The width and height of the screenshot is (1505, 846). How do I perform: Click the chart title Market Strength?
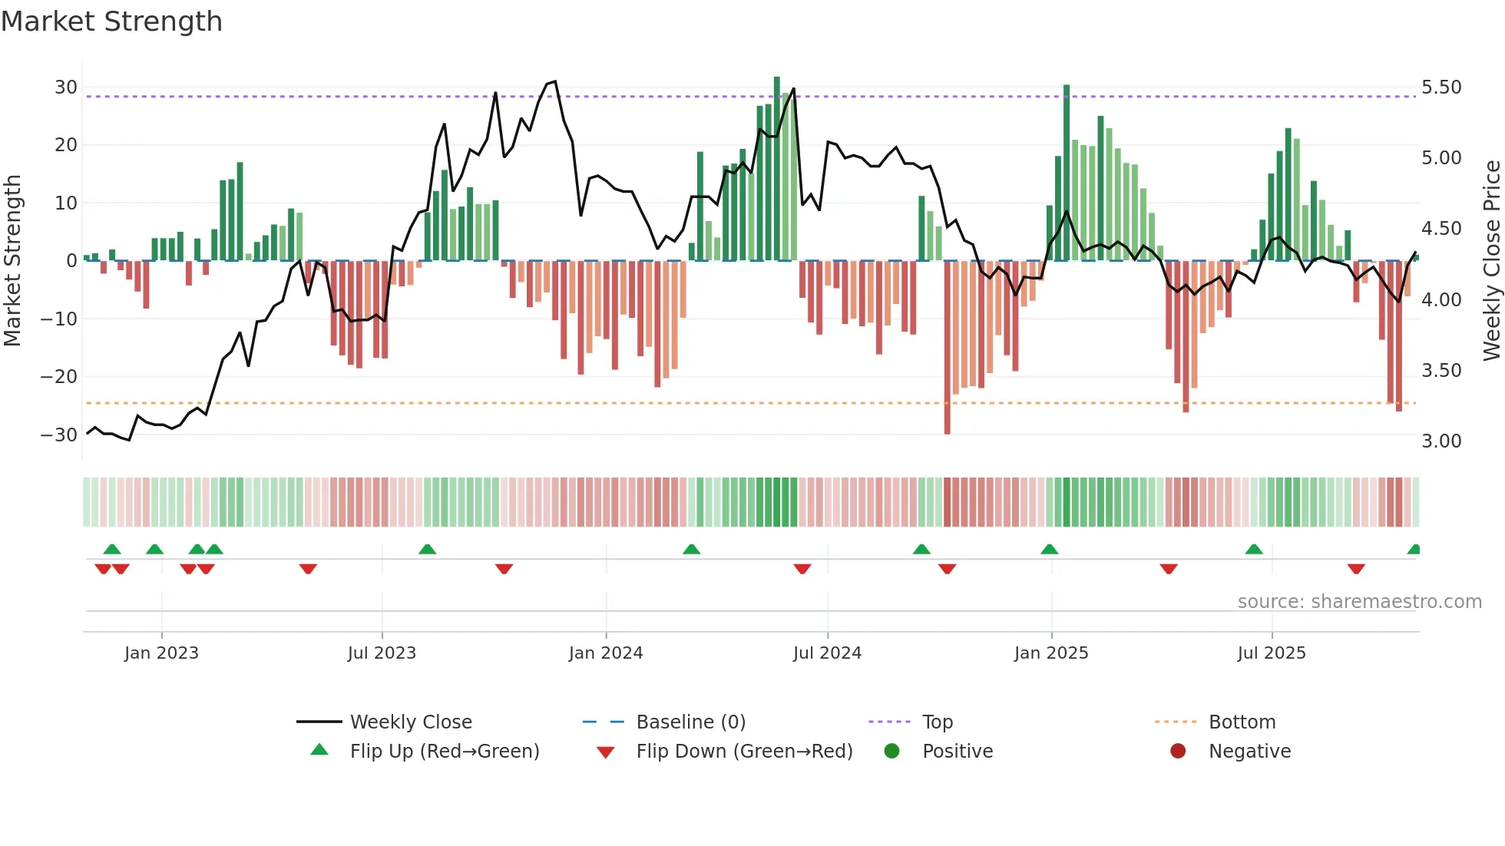111,21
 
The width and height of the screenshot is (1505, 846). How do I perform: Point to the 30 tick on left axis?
66,88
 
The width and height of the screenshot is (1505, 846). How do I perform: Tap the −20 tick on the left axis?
59,377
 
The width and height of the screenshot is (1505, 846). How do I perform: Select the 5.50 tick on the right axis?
1441,88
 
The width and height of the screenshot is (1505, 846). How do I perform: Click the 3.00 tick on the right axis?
1441,441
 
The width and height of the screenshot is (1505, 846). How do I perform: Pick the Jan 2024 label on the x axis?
606,653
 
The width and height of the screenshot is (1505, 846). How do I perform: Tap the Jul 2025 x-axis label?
1272,653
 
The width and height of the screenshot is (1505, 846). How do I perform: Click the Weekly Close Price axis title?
1491,261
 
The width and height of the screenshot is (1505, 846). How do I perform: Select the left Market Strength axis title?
12,261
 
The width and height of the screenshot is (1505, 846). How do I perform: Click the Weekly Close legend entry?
411,722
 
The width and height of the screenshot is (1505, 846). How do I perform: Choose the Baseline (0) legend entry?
690,722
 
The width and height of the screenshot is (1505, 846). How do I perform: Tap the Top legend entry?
937,722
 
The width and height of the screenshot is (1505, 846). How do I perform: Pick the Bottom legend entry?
1242,722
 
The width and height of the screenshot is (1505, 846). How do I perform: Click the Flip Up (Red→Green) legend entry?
444,752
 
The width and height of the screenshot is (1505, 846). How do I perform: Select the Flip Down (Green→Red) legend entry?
744,752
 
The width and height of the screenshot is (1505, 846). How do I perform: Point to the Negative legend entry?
1249,752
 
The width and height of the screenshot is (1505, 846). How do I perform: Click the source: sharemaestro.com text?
1359,602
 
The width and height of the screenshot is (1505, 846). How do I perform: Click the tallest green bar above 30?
776,169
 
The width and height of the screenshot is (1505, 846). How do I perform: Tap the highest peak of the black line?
554,81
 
